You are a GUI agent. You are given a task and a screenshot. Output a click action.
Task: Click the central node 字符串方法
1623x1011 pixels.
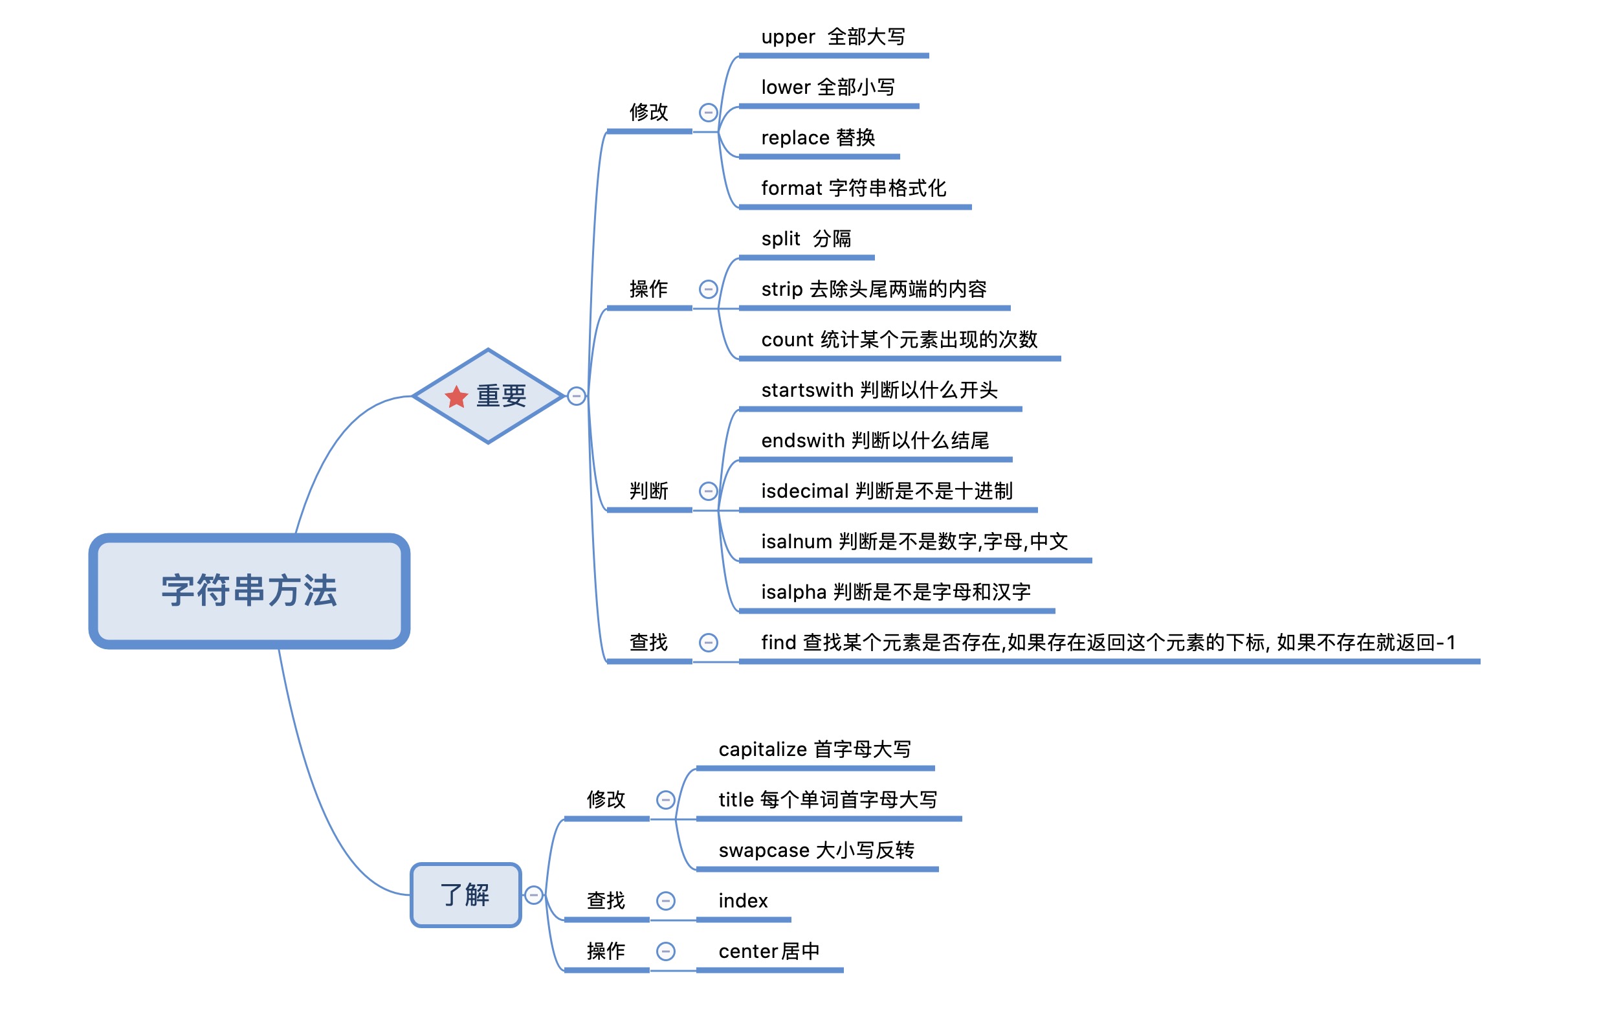click(x=249, y=592)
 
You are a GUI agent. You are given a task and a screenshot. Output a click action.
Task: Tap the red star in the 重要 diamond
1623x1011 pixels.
click(x=458, y=397)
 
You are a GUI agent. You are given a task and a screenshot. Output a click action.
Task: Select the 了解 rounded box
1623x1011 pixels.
click(x=466, y=895)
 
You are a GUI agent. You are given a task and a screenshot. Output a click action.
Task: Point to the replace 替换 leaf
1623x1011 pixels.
click(x=818, y=139)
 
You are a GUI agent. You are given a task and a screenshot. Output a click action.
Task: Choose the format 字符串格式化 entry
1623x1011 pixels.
click(x=854, y=188)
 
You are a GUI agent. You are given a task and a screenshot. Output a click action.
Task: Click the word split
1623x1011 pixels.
click(x=780, y=239)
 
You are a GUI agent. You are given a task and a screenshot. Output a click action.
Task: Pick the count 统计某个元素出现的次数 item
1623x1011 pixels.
click(x=899, y=340)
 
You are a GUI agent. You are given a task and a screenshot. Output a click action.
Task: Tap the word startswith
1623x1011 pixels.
click(x=808, y=390)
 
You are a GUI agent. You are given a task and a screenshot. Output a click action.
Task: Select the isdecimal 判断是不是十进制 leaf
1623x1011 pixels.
click(x=887, y=491)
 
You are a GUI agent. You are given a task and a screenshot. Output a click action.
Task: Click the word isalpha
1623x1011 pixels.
click(x=794, y=592)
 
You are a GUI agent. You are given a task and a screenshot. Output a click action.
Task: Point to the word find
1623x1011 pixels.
click(x=778, y=643)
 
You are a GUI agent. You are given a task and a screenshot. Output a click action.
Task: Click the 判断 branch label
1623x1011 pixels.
click(x=648, y=491)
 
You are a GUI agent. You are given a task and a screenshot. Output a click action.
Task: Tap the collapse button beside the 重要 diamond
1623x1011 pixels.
click(x=577, y=397)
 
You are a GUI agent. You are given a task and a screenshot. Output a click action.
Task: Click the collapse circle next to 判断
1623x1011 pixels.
click(x=709, y=492)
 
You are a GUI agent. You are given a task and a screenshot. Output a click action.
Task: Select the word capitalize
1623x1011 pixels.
click(x=763, y=750)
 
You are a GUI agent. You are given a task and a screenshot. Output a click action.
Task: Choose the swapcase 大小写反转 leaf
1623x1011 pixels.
click(x=816, y=850)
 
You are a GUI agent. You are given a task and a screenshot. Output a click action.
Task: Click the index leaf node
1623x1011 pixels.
click(x=744, y=902)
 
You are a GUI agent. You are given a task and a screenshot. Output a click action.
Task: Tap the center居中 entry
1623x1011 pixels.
click(x=769, y=951)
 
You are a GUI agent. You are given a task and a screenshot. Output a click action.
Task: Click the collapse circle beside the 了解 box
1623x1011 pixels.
click(x=533, y=895)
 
